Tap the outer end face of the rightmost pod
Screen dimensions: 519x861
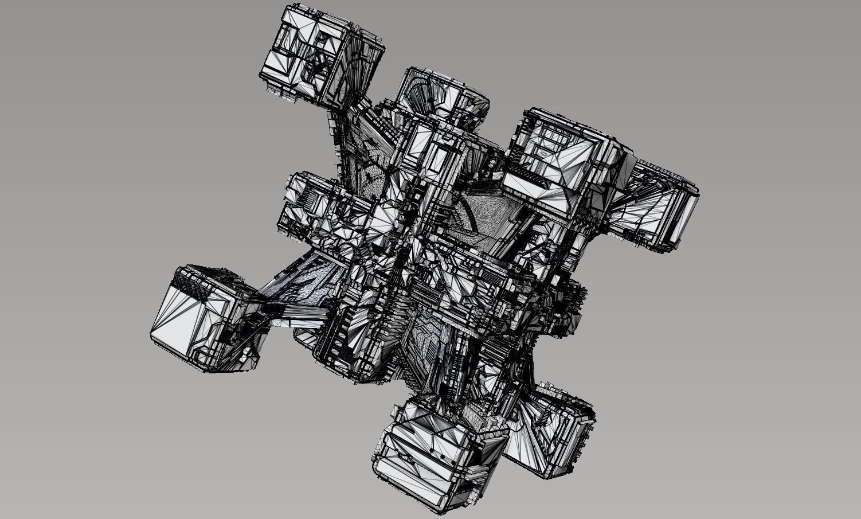[682, 215]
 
